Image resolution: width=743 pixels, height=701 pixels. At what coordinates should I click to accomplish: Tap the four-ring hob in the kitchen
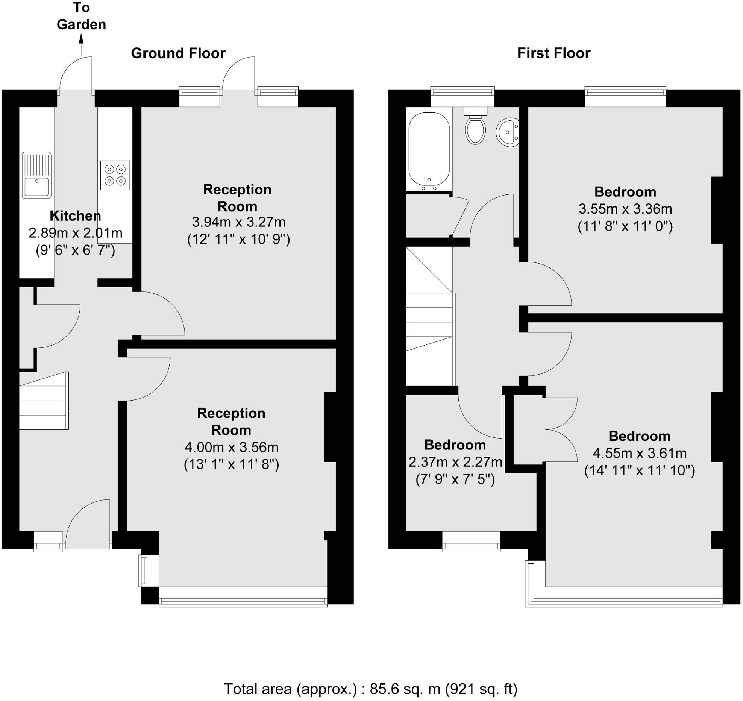[115, 175]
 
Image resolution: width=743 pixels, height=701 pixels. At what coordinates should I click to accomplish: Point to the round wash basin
[508, 132]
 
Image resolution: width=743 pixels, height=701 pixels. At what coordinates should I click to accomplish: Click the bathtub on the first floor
[429, 150]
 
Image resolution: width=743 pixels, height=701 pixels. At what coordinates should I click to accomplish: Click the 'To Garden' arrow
[81, 45]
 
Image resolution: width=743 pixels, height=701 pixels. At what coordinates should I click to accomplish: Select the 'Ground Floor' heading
[178, 53]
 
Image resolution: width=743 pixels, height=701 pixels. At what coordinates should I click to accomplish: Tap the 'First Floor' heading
[553, 53]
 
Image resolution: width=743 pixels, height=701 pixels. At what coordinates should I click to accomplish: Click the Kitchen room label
[75, 216]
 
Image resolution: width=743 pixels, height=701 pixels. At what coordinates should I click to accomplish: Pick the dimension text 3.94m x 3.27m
[238, 222]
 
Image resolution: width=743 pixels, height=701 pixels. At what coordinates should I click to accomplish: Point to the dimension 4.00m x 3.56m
[231, 447]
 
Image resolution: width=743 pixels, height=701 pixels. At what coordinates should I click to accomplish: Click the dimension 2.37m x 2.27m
[455, 462]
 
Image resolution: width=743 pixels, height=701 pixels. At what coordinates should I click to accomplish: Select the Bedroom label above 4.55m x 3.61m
[639, 436]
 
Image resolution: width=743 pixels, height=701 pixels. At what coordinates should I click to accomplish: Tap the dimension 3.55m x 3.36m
[625, 209]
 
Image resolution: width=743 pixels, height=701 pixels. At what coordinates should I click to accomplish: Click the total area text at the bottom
[371, 689]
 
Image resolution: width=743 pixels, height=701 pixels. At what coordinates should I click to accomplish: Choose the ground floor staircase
[44, 401]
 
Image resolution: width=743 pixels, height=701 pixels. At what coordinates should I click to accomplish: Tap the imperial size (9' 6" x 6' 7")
[75, 250]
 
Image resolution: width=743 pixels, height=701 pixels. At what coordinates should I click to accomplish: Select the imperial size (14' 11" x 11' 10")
[639, 470]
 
